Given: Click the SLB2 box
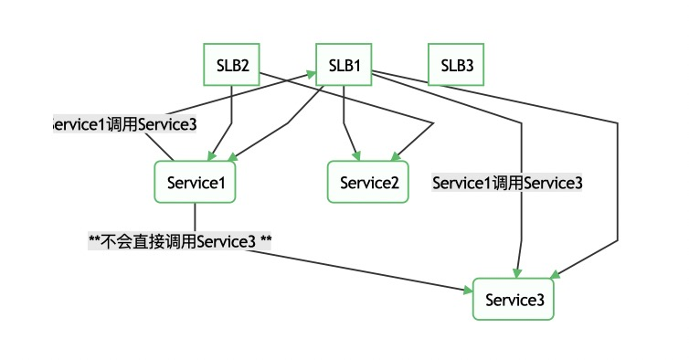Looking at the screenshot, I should point(231,66).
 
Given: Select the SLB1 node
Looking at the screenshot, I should point(344,66).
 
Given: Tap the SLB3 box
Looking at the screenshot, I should point(457,66).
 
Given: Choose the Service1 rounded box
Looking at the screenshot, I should point(196,182).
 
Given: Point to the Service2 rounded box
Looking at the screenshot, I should point(369,182).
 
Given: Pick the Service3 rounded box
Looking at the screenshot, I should point(513,299).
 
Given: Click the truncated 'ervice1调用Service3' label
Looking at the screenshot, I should point(123,124).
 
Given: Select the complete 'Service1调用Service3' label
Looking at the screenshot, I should point(507,183).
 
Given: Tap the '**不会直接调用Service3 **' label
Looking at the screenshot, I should point(180,241).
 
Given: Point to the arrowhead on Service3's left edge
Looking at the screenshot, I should point(469,291).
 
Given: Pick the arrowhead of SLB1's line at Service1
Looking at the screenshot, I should point(223,159).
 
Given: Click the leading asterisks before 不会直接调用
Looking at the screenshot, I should point(94,241).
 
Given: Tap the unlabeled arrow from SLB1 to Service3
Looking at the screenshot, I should point(618,183).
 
